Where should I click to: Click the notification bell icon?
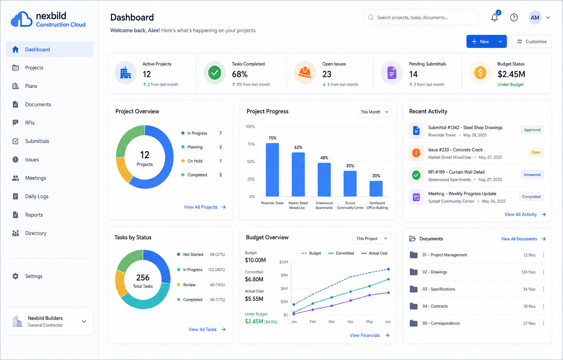pos(495,17)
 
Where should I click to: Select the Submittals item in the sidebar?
pos(37,141)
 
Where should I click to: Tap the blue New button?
pos(480,41)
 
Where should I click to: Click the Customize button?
pos(531,41)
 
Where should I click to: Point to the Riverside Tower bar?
pos(272,170)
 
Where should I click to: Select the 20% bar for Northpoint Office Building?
pos(376,189)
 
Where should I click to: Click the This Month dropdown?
pos(374,112)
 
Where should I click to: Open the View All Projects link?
pos(205,207)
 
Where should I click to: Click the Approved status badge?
pos(532,130)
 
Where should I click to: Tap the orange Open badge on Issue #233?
pos(536,152)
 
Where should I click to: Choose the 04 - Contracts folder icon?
pos(414,306)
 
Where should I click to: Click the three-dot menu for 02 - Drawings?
pos(544,272)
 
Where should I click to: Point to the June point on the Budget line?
pos(388,269)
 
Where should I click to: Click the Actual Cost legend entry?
pos(374,253)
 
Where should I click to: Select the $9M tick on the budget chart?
pos(284,275)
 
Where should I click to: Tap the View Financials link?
pos(369,335)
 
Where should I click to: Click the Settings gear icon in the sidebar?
pos(15,276)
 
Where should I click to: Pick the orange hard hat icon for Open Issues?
pos(304,73)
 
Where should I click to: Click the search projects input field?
pos(421,17)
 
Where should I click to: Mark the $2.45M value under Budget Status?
pos(511,74)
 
